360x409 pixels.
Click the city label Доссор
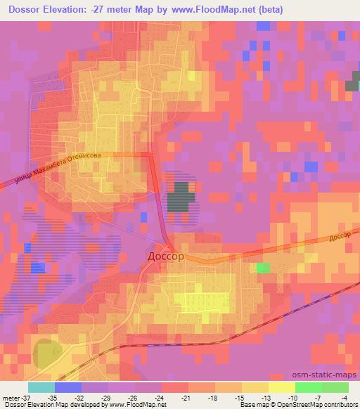(x=166, y=257)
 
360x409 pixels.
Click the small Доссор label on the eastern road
(x=339, y=239)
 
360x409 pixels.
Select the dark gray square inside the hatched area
(x=181, y=197)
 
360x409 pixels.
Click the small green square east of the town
(x=263, y=268)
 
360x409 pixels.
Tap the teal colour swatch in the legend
(x=41, y=387)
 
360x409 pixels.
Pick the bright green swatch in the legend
(x=309, y=387)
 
